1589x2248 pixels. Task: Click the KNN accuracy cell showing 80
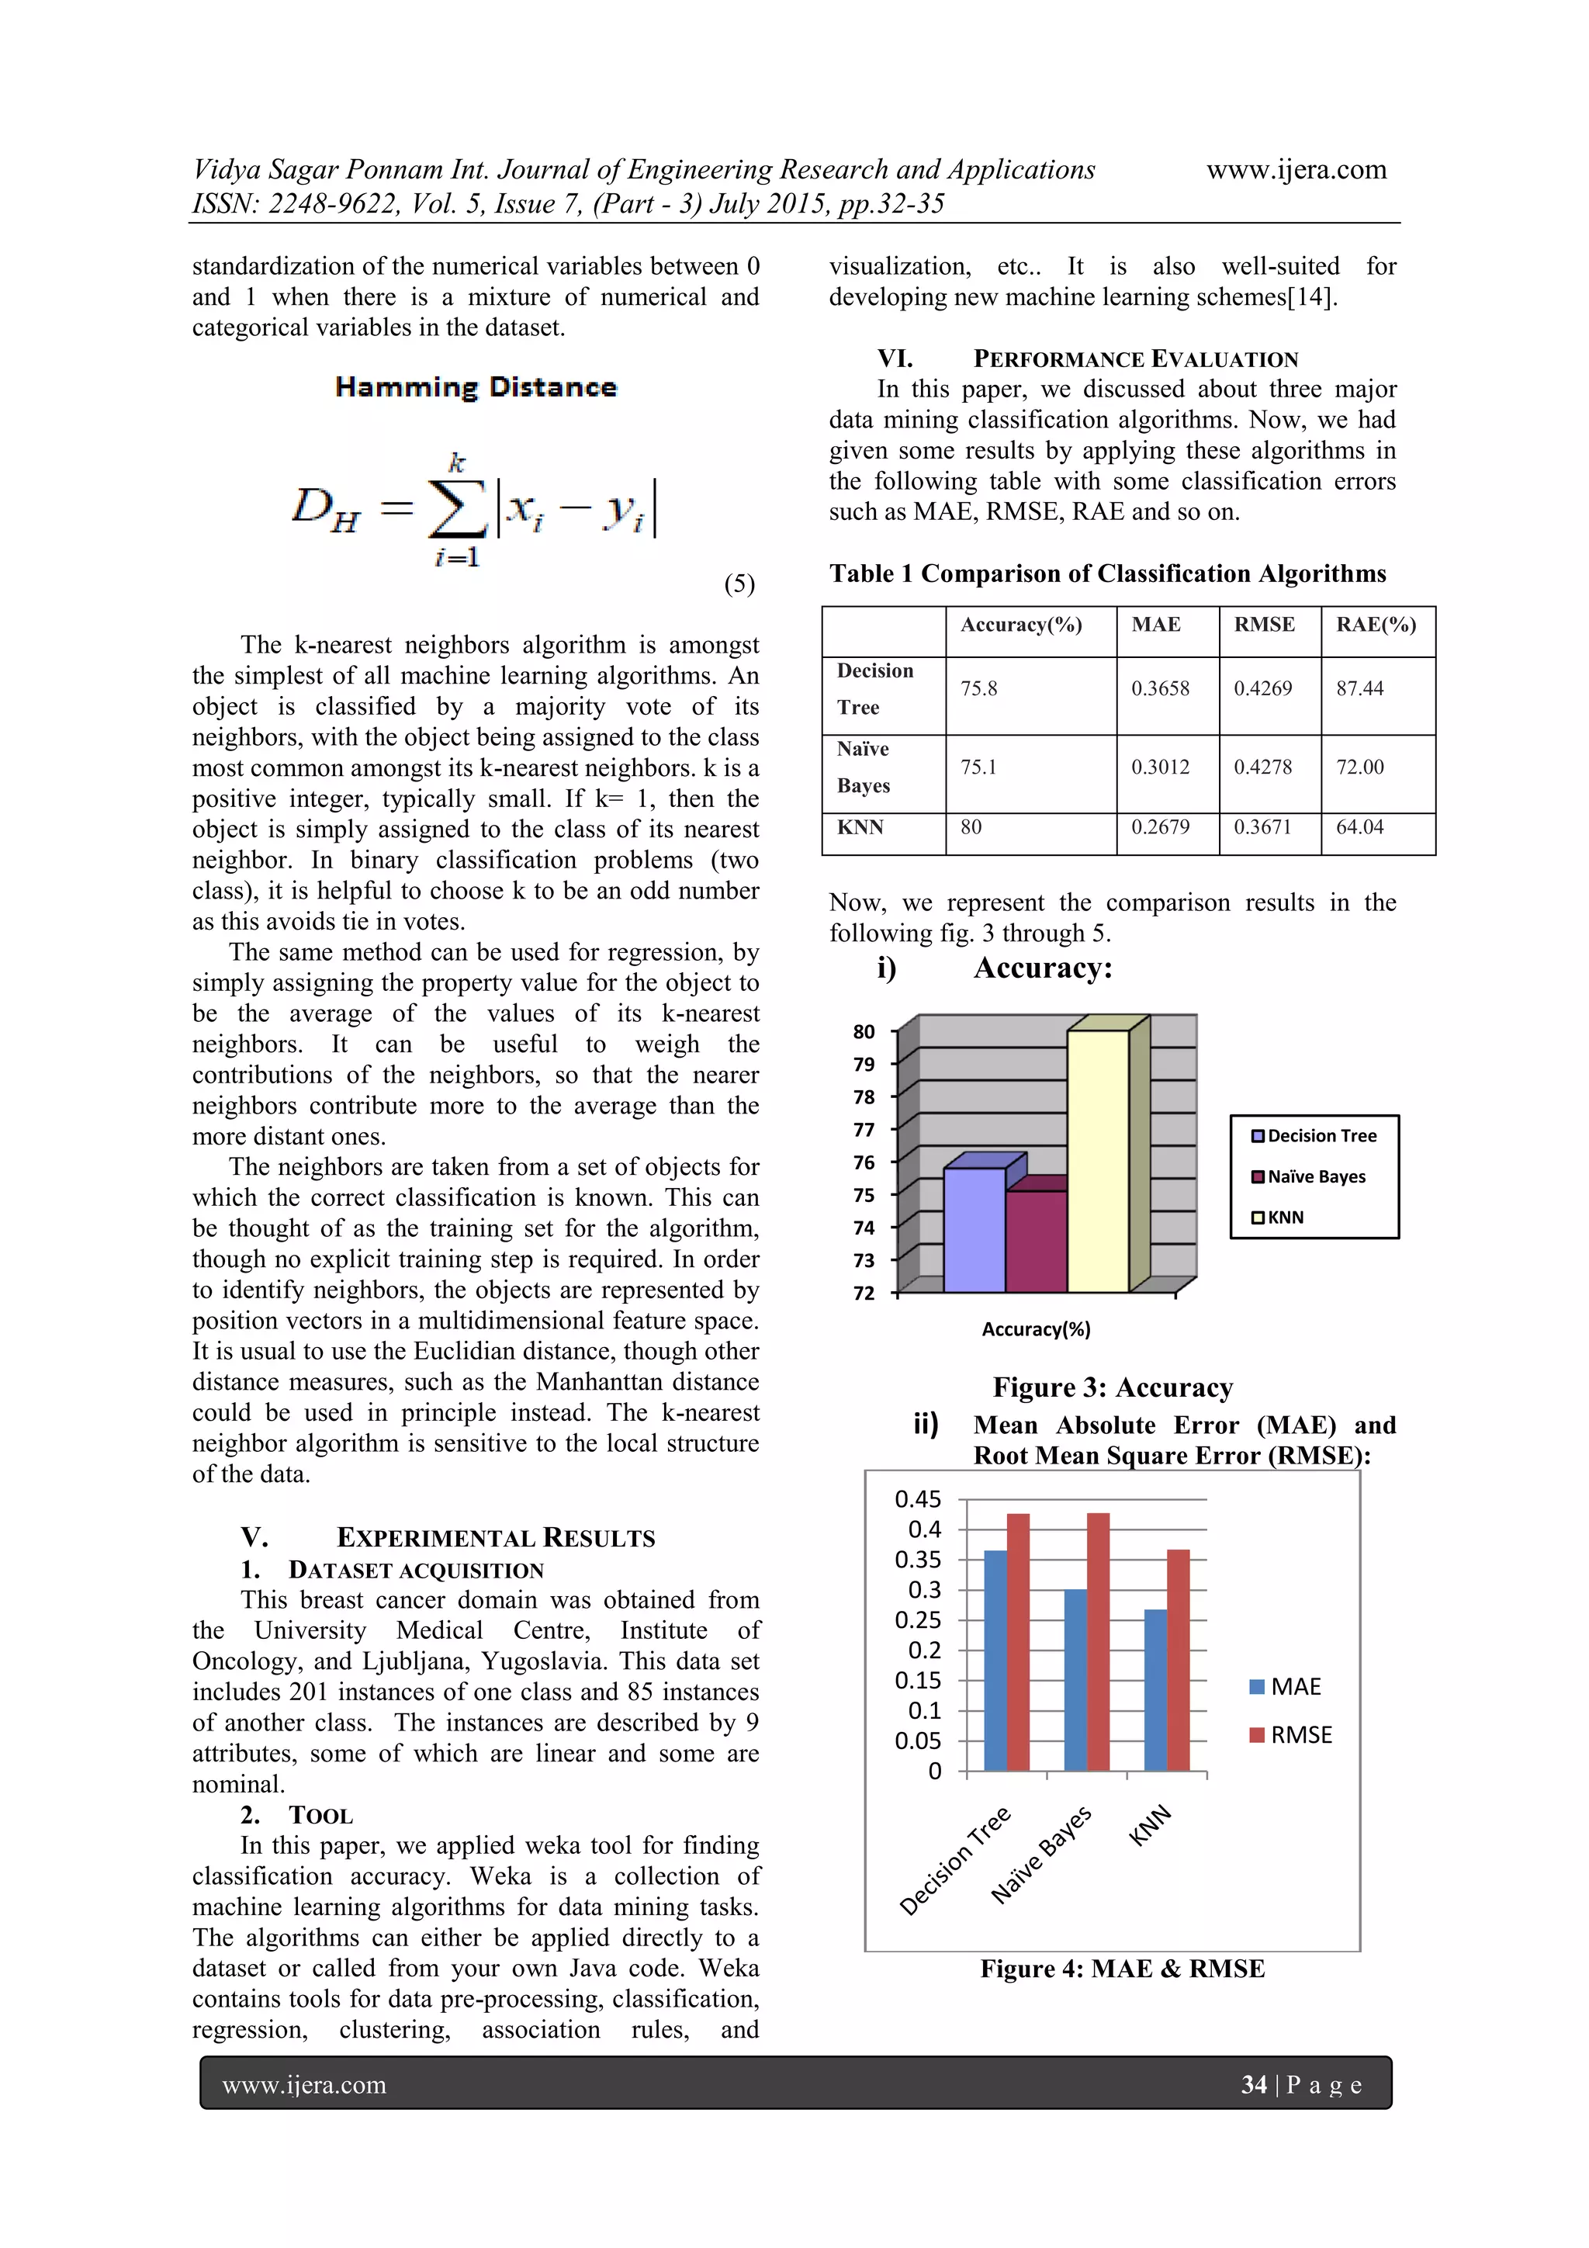pos(971,827)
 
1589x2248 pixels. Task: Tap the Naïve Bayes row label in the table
pos(863,767)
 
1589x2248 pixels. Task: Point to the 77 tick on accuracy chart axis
pos(864,1130)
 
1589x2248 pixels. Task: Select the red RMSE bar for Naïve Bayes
pos(1098,1642)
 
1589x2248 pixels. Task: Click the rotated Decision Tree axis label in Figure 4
pos(954,1860)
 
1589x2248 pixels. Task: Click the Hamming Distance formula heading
pos(476,388)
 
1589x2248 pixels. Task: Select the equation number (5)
pos(739,584)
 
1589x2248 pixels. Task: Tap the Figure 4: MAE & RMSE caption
pos(1122,1969)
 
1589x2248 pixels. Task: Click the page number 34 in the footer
pos(1253,2084)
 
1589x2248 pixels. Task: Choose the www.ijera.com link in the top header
pos(1295,171)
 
